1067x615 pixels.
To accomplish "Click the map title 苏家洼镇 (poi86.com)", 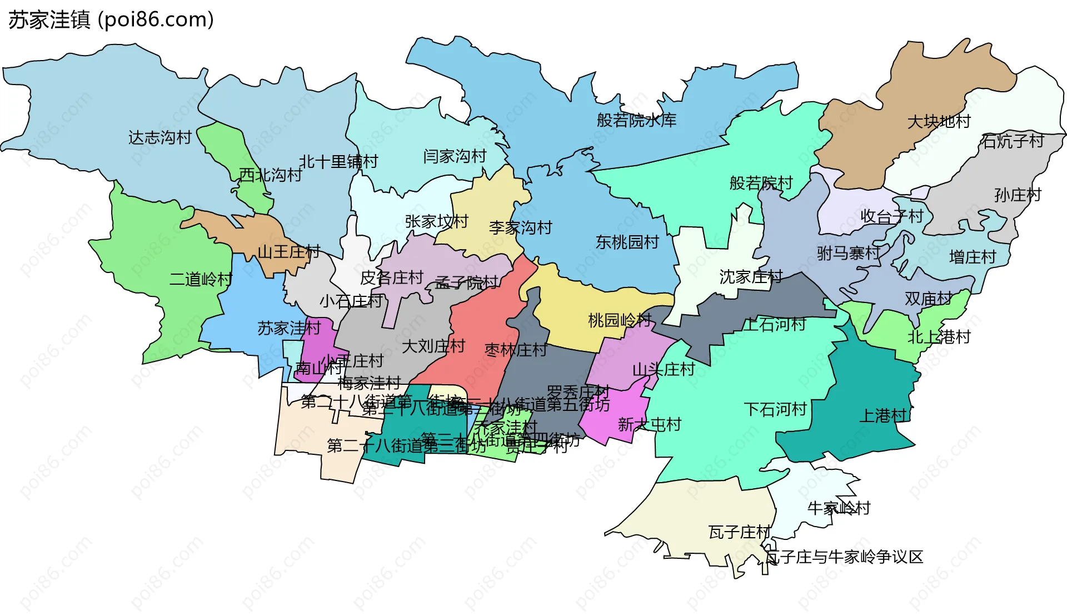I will (x=111, y=20).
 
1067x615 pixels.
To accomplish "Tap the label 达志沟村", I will (x=160, y=137).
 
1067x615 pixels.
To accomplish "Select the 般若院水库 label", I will (x=636, y=120).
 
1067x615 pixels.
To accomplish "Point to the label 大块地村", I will (x=939, y=121).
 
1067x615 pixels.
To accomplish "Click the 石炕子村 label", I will (x=1013, y=141).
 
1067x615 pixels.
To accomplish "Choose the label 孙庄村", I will (x=1018, y=195).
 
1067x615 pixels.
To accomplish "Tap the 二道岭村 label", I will (x=201, y=279).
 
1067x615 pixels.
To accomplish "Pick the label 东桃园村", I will (x=627, y=242).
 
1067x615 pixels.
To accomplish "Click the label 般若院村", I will (x=761, y=183).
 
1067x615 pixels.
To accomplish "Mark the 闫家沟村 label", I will (x=455, y=156).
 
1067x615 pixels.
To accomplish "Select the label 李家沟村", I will (x=520, y=227).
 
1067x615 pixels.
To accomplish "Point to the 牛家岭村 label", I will (x=839, y=508).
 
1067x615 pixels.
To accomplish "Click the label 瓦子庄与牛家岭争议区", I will (x=844, y=557).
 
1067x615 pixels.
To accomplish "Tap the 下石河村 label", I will (x=775, y=410).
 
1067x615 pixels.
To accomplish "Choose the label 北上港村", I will (x=939, y=337).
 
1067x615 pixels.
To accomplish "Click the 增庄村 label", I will (x=973, y=257).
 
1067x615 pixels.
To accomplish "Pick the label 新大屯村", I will (x=649, y=425).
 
